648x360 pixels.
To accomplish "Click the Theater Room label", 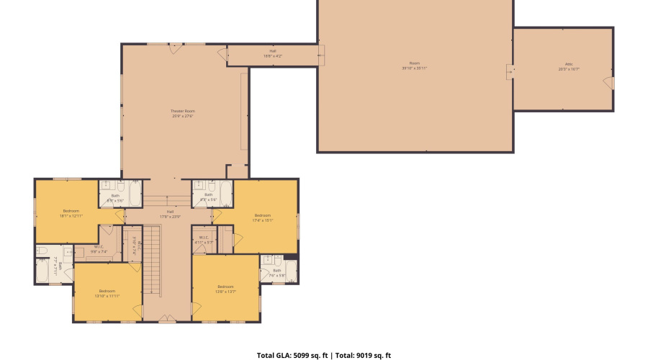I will coord(183,113).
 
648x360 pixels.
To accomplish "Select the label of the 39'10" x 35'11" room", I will coord(415,66).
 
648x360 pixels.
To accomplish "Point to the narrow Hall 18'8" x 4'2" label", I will coord(273,53).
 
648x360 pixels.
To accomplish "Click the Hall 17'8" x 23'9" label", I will coord(170,214).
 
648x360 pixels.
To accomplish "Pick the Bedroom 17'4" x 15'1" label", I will coord(262,217).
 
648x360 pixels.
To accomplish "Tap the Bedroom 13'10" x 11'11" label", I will coord(107,292).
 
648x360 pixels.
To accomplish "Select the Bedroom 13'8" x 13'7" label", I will coord(225,289).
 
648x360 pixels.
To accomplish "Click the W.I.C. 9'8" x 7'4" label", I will coord(99,249).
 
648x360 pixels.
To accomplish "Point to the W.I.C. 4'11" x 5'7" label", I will coord(202,240).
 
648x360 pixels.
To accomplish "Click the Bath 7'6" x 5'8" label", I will coord(277,273).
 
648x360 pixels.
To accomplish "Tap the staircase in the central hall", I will coord(151,259).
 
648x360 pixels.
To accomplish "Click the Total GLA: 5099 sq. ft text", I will coord(291,355).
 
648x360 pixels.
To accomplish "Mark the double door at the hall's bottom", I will coord(166,318).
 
